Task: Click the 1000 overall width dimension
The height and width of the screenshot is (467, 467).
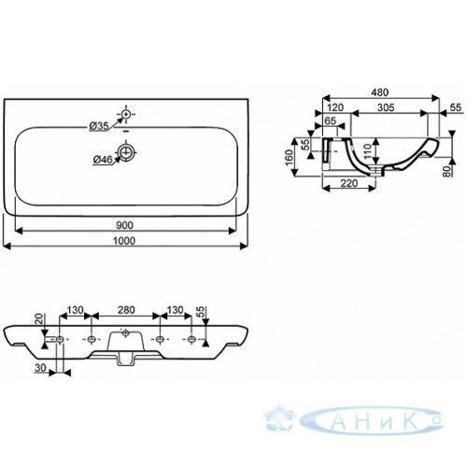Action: (x=124, y=241)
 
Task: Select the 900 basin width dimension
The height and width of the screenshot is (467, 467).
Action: (x=124, y=225)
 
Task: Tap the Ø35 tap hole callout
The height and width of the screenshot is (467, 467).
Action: (x=98, y=126)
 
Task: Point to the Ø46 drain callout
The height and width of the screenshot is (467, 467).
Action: (x=103, y=160)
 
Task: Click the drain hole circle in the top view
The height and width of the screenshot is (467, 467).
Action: (x=126, y=152)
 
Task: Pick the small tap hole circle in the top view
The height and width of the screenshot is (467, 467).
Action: (x=126, y=115)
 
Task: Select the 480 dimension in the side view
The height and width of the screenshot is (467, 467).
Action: (x=380, y=92)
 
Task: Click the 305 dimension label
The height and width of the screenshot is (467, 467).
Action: (x=386, y=107)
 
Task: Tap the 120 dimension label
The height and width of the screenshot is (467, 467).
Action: (x=335, y=107)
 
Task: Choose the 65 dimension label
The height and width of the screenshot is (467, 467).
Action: (x=330, y=120)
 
